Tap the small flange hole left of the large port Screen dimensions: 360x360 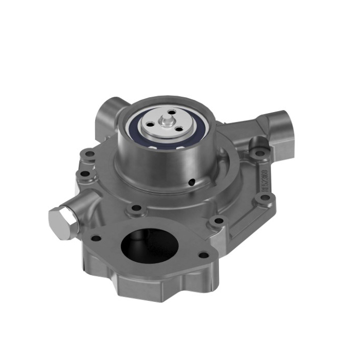coord(95,238)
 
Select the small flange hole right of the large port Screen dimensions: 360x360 coord(204,255)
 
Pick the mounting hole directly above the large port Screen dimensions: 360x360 coord(136,208)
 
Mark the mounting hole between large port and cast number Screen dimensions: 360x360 coord(219,221)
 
